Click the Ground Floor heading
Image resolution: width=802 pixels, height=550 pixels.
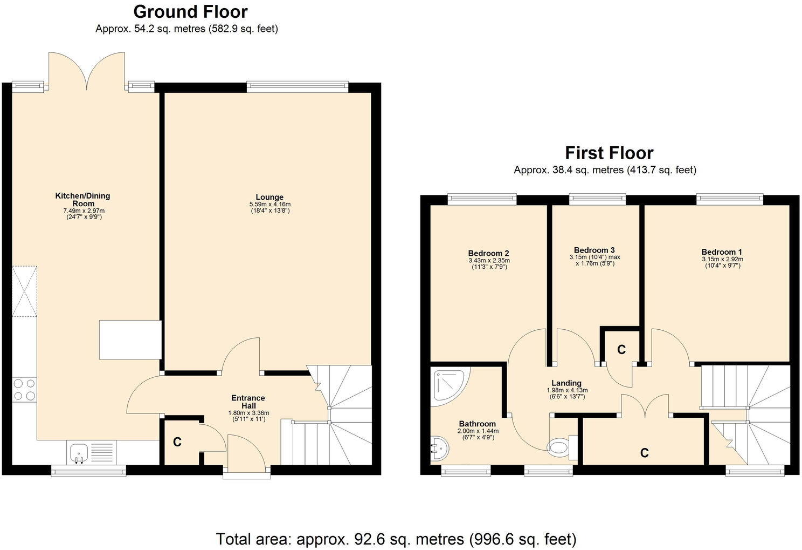point(190,11)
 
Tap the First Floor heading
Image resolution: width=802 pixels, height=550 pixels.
point(609,153)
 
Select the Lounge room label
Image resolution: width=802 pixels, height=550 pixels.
point(269,197)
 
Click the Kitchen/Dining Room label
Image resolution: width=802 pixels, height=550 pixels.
point(82,199)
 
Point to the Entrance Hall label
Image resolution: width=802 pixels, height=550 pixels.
point(248,402)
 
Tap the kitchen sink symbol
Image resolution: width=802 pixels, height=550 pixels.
point(79,451)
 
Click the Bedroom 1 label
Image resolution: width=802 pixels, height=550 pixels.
point(722,252)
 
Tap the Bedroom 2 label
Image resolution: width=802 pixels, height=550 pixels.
point(488,253)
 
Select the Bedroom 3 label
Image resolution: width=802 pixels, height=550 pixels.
point(594,250)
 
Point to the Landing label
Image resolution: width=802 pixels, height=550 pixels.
point(566,383)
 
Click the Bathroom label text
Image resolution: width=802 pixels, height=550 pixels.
point(477,424)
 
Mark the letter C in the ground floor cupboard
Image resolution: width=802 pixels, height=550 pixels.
point(177,442)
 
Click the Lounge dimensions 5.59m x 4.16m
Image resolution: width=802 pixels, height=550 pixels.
point(269,204)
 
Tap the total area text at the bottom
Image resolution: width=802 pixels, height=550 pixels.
point(396,539)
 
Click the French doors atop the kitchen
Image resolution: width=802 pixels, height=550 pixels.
point(87,70)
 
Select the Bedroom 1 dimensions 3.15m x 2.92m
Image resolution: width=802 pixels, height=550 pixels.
point(722,259)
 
